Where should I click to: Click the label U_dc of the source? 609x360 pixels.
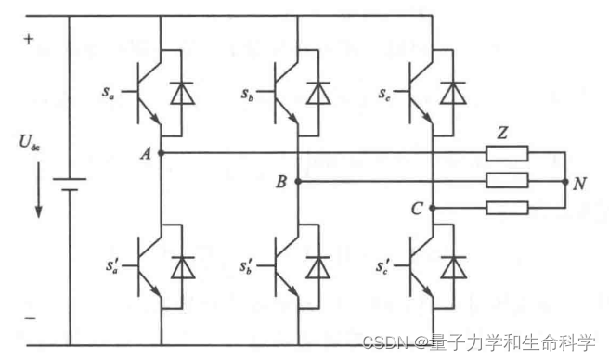point(29,144)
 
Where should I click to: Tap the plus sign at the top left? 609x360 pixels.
point(28,40)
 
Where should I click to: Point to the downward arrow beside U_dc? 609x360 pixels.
point(38,190)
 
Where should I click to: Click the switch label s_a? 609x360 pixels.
point(110,94)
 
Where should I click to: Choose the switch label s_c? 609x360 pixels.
point(383,94)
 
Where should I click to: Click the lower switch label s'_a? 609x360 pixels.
point(110,267)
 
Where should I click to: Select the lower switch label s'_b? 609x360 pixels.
point(247,267)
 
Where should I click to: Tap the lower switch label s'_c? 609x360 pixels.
point(382,267)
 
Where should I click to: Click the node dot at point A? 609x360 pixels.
point(162,152)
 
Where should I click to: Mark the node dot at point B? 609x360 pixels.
point(298,181)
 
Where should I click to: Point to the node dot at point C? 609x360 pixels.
point(434,209)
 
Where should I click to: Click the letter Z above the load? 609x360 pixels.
point(502,133)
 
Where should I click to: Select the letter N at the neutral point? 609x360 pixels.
point(578,183)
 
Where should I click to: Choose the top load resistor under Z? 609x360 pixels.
point(508,153)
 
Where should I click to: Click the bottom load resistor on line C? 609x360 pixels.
point(508,209)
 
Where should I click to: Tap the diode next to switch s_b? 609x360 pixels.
point(319,94)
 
